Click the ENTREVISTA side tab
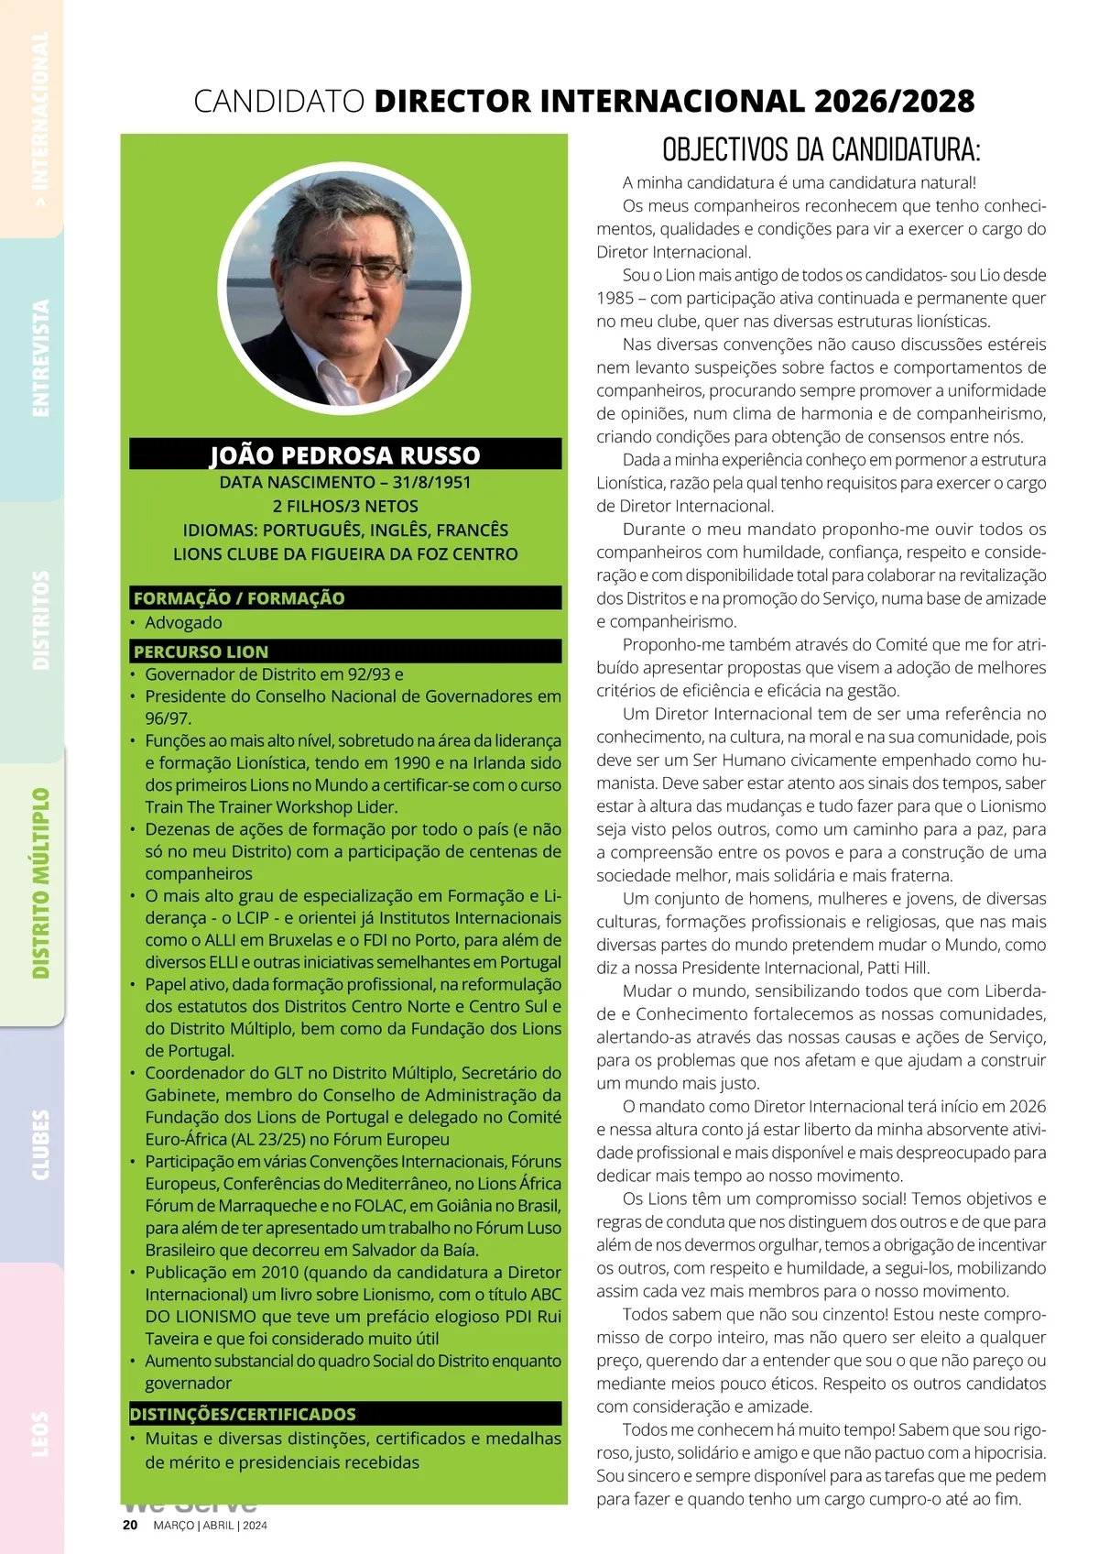coord(40,358)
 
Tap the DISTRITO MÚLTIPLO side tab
coord(40,883)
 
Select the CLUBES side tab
coord(40,1144)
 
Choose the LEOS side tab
coord(40,1433)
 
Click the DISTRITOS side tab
coord(40,620)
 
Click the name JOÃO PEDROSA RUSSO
coord(345,455)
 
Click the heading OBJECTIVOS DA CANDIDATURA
coord(821,149)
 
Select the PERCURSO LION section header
coord(201,651)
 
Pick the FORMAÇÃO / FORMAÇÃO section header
coord(239,598)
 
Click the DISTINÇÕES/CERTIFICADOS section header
coord(243,1414)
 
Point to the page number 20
coord(130,1526)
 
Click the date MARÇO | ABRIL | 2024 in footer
coord(210,1526)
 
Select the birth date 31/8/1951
coord(432,482)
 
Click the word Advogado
coord(183,622)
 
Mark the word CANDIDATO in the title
coord(279,101)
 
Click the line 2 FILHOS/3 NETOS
coord(345,506)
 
